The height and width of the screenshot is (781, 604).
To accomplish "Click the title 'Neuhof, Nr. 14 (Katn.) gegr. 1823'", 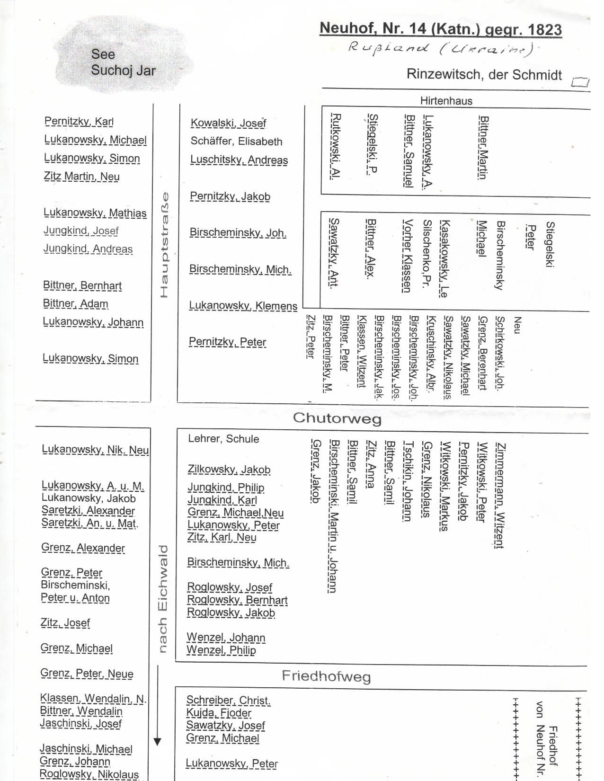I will (x=440, y=29).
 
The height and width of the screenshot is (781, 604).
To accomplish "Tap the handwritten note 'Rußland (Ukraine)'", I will (x=440, y=48).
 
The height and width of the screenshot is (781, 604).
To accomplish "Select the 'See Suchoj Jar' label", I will (x=123, y=62).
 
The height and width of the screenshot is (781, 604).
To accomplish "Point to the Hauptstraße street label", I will (x=164, y=245).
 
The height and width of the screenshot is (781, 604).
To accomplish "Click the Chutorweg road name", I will (x=337, y=417).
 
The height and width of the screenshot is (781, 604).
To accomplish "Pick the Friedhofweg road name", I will (x=326, y=675).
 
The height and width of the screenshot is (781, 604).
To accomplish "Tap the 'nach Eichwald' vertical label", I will (x=163, y=598).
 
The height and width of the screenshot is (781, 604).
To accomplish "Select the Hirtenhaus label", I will (x=446, y=100).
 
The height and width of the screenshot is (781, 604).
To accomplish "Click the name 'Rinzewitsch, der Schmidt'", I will (x=484, y=75).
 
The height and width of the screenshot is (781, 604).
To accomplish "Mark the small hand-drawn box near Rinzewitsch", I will (x=580, y=82).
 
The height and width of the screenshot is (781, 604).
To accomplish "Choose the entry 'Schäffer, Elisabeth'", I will (x=236, y=141).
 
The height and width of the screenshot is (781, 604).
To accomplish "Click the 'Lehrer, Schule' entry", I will (x=223, y=439).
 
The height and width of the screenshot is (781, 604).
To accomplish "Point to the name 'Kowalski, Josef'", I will (x=228, y=123).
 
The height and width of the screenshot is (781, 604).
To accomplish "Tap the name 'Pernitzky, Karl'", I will (x=79, y=121).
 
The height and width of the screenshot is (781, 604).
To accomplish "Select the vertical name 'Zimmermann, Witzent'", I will (x=500, y=495).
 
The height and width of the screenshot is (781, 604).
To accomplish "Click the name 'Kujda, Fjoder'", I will (x=219, y=713).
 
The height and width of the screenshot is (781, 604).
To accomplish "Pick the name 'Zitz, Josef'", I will (x=65, y=623).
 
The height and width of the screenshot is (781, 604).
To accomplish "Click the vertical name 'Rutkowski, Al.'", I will (x=335, y=146).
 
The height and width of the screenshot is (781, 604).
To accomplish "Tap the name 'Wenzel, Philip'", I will (x=221, y=650).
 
